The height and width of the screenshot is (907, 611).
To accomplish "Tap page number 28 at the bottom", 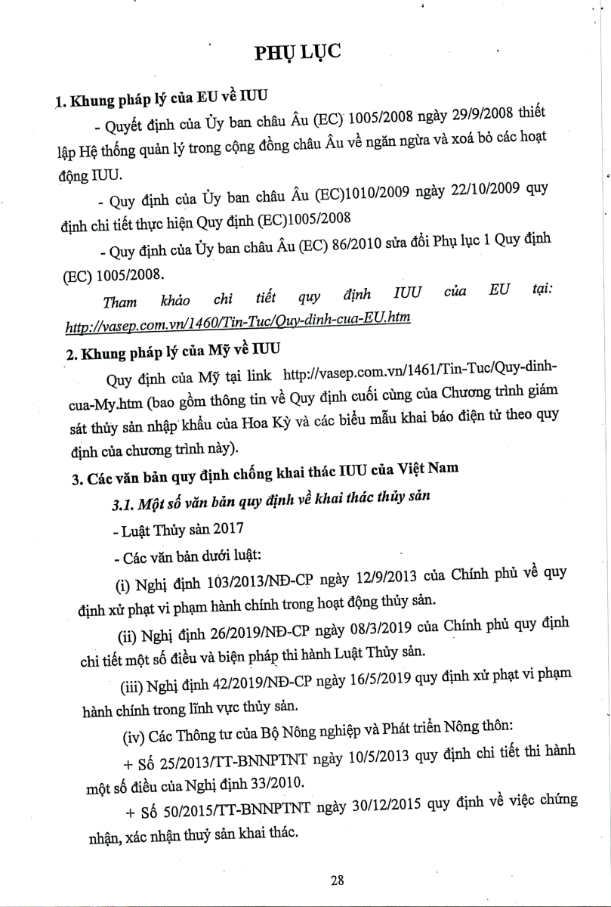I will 338,880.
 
